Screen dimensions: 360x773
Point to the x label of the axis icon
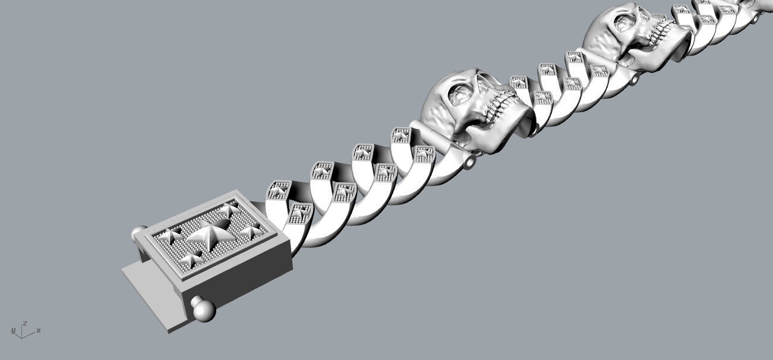[x=39, y=330]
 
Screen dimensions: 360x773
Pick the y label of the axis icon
[x=13, y=330]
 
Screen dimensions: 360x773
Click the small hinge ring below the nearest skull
[x=472, y=162]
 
